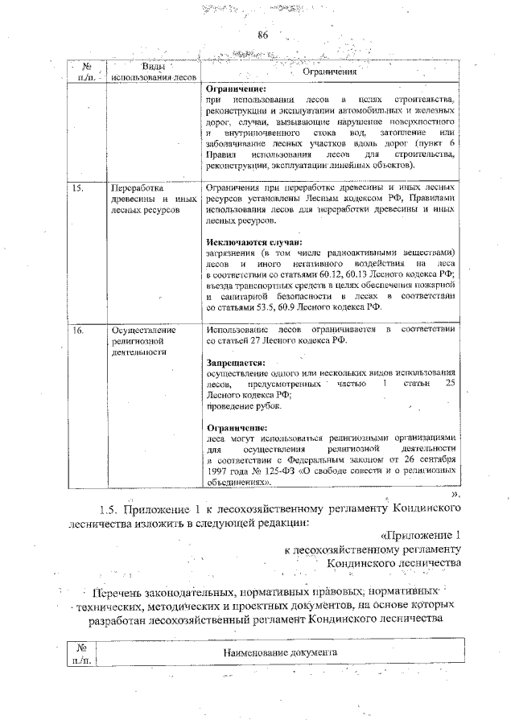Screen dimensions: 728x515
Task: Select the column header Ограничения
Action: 329,72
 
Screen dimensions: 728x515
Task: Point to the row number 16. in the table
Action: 79,330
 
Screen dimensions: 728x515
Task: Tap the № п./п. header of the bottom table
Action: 80,653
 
